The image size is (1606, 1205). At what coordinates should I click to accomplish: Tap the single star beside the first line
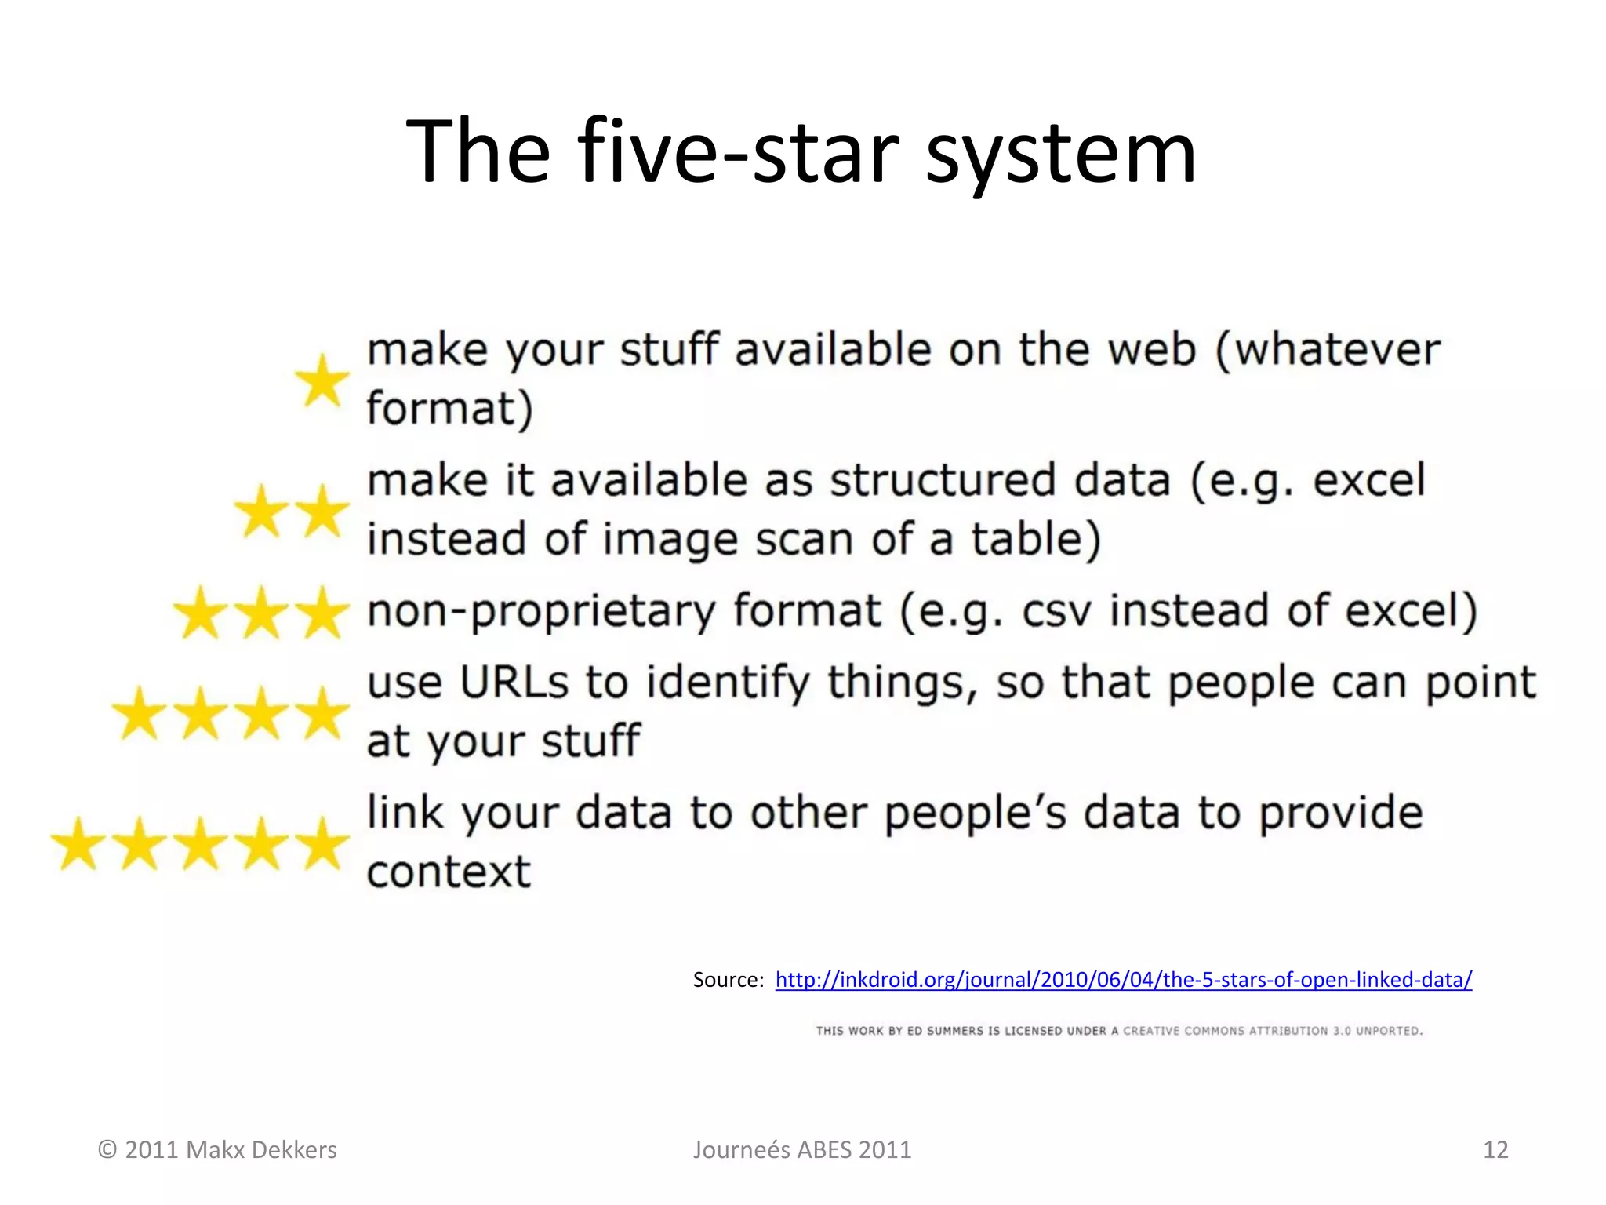point(322,380)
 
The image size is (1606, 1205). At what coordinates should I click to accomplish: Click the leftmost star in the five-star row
point(78,844)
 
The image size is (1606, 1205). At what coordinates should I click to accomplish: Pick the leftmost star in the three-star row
point(201,613)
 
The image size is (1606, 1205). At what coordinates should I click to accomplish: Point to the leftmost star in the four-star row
point(140,713)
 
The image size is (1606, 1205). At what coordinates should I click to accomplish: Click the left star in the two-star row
point(261,511)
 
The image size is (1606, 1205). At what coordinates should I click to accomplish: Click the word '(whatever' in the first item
point(1328,351)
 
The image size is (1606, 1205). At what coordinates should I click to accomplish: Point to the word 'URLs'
point(514,683)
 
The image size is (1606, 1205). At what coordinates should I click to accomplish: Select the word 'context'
point(449,872)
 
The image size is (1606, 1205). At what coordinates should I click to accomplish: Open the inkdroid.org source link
point(1123,980)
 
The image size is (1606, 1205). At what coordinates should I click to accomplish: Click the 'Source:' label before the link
point(728,980)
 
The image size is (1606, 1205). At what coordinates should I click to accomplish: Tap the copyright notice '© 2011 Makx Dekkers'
point(217,1150)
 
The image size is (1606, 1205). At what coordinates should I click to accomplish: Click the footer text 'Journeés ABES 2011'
point(801,1150)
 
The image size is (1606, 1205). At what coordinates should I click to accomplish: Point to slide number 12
point(1495,1150)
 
